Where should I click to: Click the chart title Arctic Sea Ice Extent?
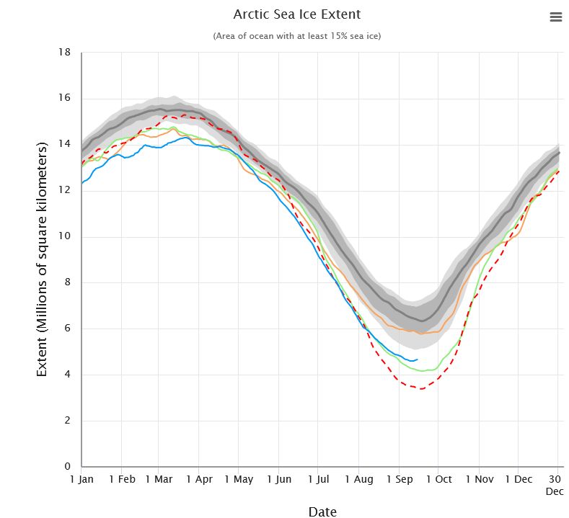coord(297,14)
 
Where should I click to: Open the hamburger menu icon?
coord(555,17)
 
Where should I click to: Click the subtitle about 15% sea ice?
coord(297,36)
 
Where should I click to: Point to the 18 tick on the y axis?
coord(64,53)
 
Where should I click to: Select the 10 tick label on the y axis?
coord(64,237)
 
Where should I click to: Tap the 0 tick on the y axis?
coord(66,467)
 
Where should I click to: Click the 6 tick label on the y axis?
coord(66,329)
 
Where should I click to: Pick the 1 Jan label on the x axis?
coord(81,479)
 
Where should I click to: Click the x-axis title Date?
coord(322,512)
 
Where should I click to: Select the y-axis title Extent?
coord(42,259)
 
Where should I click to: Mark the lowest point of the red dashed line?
coord(421,389)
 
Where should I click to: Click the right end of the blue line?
coord(418,359)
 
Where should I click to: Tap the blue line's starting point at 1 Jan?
coord(82,183)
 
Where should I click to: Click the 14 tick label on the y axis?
coord(64,145)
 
